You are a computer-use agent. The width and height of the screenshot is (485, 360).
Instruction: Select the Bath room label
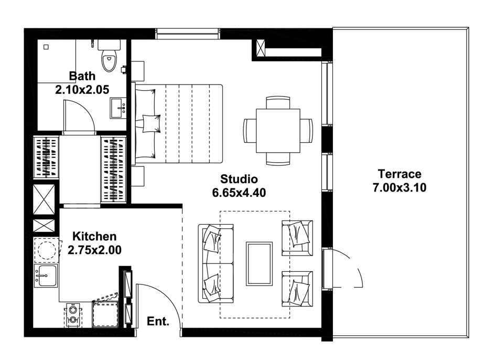(x=82, y=76)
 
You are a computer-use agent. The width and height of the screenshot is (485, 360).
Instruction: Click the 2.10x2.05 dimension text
(x=82, y=89)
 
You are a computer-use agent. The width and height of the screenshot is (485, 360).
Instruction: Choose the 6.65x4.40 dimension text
(x=239, y=193)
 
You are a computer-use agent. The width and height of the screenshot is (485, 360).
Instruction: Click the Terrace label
(x=399, y=174)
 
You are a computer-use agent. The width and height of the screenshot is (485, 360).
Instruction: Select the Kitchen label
(x=94, y=236)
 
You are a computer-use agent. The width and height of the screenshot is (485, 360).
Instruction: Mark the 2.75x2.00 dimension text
(x=94, y=250)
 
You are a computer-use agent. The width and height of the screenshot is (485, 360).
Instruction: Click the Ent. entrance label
(x=158, y=321)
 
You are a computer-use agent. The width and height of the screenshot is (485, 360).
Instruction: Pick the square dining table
(x=278, y=130)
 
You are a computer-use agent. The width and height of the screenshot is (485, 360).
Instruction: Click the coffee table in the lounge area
(x=259, y=263)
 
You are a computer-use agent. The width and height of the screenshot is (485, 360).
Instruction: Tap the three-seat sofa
(x=215, y=263)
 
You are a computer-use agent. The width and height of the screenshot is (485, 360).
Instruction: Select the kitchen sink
(x=46, y=275)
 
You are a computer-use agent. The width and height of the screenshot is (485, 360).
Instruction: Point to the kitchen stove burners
(x=73, y=314)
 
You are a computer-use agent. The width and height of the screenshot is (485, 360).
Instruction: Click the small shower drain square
(x=46, y=47)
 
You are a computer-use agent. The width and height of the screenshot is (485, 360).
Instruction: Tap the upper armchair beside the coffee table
(x=297, y=237)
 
